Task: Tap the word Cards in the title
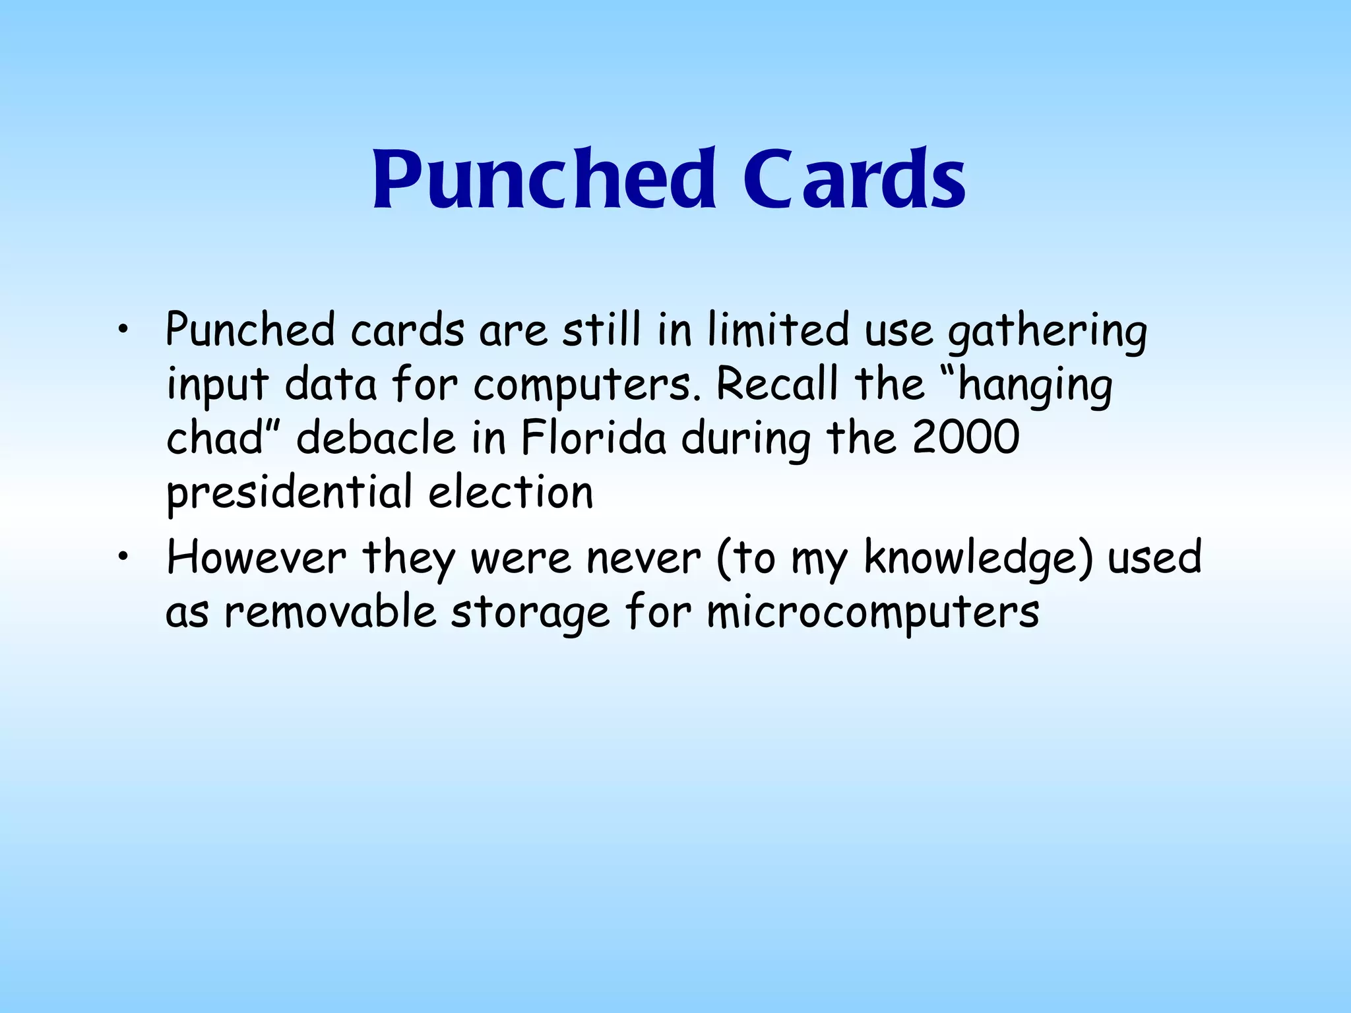coord(855,179)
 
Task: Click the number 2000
coord(966,438)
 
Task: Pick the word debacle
coord(376,438)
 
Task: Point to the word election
coord(511,492)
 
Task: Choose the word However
coord(256,558)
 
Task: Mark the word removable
coord(329,612)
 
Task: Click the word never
coord(643,558)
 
